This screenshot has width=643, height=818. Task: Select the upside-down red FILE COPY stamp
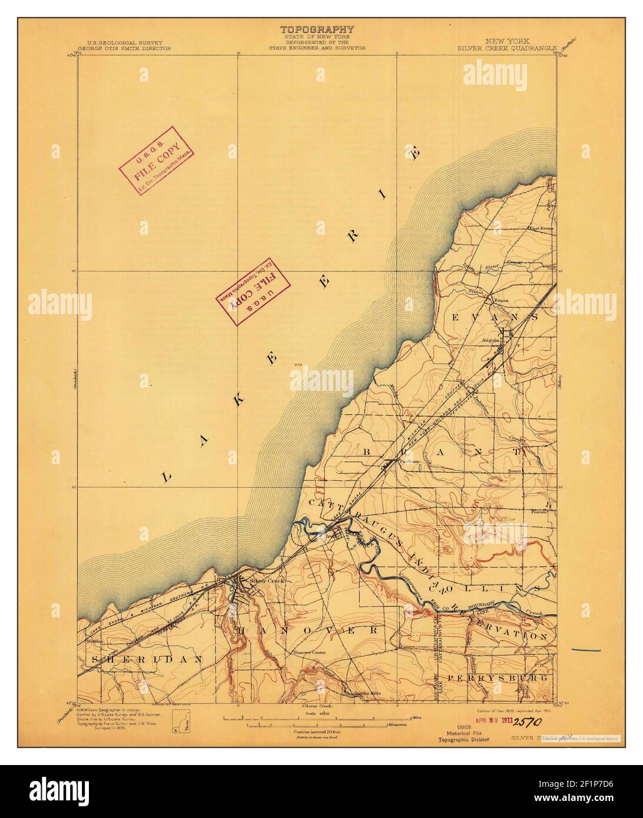[254, 291]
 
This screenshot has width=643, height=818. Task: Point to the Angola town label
[492, 340]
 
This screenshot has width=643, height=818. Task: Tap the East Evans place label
[541, 229]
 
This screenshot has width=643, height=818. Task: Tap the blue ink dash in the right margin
[585, 650]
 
